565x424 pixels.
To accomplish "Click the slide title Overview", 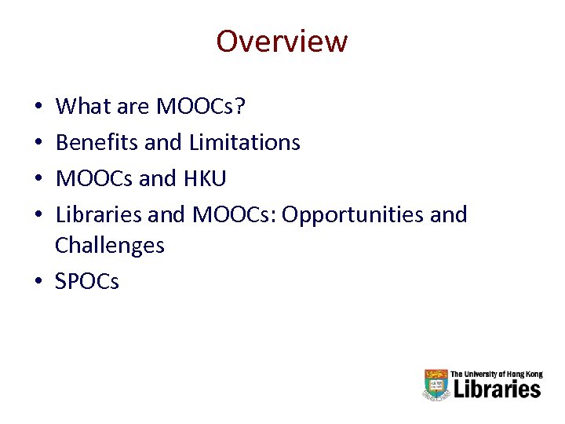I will [x=282, y=41].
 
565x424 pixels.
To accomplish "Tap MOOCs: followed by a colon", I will [x=234, y=214].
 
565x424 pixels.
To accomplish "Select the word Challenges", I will [x=110, y=246].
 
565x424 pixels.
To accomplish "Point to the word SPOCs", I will [x=87, y=281].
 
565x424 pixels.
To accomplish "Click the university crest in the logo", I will [x=436, y=385].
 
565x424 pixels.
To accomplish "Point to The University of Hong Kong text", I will [x=497, y=375].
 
